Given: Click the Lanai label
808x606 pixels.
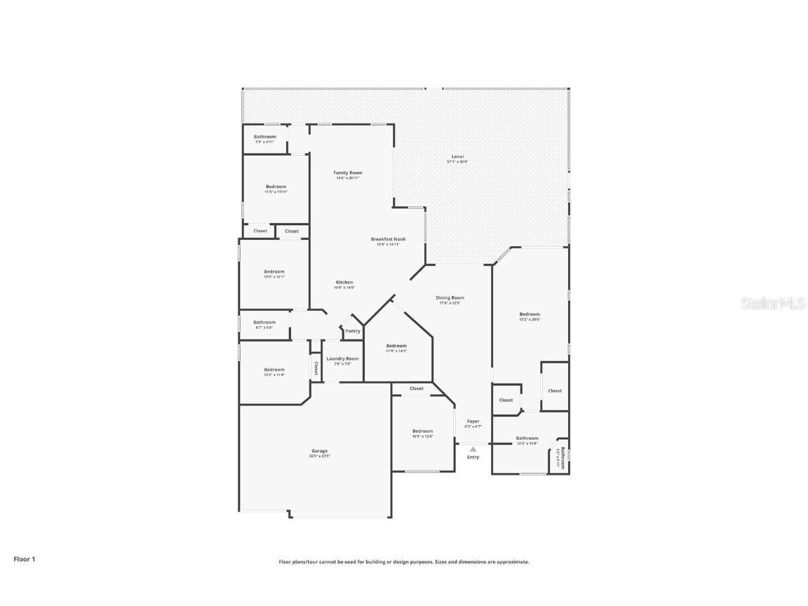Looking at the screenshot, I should click(457, 156).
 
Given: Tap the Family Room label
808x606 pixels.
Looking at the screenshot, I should click(347, 173).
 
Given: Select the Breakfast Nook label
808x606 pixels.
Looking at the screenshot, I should click(388, 239).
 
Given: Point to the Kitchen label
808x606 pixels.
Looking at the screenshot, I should click(344, 282).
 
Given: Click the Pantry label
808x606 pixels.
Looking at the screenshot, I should click(352, 331).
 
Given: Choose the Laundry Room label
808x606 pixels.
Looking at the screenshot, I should click(342, 358).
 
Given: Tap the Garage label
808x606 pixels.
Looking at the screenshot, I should click(319, 451).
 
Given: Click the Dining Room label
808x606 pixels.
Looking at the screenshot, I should click(452, 297).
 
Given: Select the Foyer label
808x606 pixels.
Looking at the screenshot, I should click(473, 422).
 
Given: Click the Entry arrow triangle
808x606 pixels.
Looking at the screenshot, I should click(473, 449).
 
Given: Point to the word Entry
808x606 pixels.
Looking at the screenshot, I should click(473, 457).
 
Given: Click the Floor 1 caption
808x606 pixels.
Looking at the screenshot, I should click(24, 559).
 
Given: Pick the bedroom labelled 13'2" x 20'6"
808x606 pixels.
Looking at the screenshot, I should click(530, 314).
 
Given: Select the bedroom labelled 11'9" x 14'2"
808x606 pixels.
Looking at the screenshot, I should click(396, 346).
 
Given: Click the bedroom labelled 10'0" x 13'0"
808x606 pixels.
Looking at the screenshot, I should click(422, 431).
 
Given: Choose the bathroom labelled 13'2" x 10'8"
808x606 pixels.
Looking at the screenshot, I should click(527, 438).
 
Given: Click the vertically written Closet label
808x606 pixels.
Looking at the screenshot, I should click(316, 368).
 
